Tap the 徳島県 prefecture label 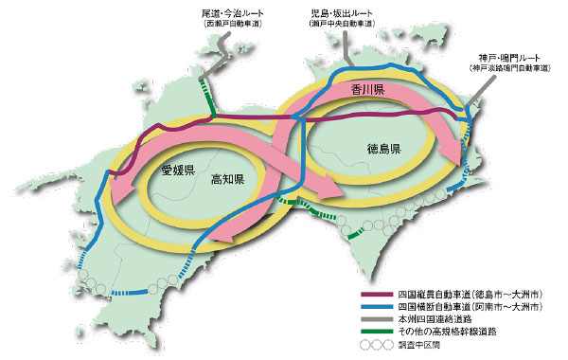point(385,150)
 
